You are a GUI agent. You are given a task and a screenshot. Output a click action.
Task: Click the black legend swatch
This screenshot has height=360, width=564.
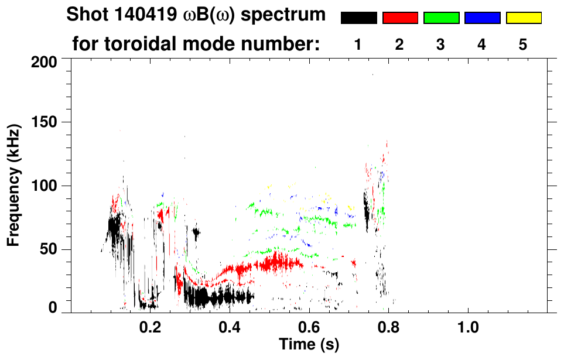coord(358,18)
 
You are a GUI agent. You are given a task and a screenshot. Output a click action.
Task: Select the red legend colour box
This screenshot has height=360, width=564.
coord(400,18)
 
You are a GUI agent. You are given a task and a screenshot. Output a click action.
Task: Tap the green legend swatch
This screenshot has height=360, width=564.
coord(441,18)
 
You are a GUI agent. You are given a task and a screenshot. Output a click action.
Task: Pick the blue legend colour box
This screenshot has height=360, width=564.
coord(482,18)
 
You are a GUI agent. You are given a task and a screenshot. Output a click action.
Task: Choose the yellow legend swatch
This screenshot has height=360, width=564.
coord(524,18)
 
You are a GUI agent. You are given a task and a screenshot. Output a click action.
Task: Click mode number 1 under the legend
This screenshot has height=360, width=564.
coord(358,45)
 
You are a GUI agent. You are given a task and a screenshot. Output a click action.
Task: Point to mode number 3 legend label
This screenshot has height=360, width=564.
coord(440,45)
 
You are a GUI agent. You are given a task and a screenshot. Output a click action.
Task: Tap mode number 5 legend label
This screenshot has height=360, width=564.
coord(523,45)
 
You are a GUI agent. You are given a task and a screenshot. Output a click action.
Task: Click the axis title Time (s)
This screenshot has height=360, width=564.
coord(309,344)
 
